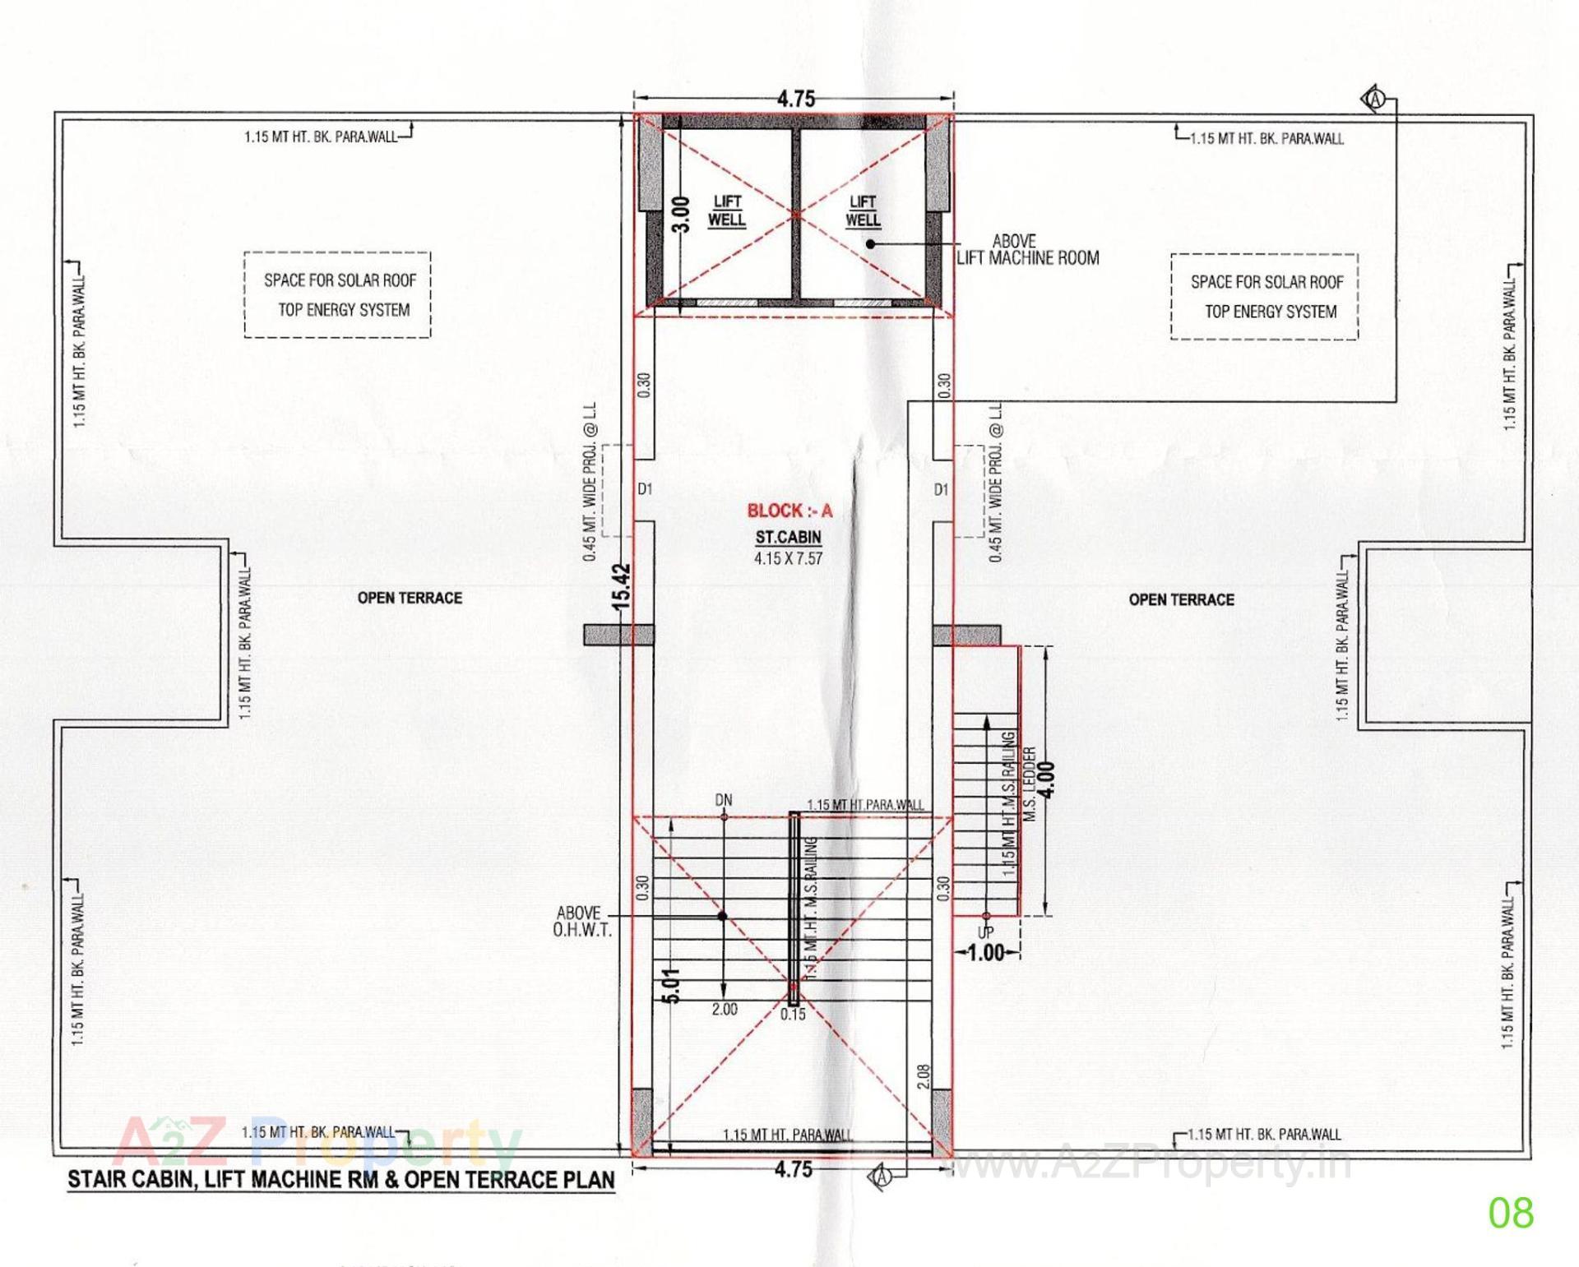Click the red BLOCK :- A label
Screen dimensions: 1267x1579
pos(789,511)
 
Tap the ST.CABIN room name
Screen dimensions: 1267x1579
pos(788,538)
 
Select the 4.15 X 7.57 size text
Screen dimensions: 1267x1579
pos(788,559)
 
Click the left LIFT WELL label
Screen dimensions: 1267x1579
pos(727,210)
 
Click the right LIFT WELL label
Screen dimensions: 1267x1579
pos(863,210)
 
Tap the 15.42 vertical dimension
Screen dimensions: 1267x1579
pos(622,585)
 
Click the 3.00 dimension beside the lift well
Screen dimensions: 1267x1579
pos(680,215)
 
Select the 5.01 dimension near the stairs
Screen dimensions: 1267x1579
pos(670,985)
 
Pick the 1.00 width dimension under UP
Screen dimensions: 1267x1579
pos(986,954)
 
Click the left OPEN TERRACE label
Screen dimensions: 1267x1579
pos(410,599)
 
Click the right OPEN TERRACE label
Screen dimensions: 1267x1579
pos(1181,600)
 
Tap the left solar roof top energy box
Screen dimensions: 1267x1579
pos(338,295)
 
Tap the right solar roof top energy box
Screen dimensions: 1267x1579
pos(1265,297)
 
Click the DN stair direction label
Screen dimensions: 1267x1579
pos(724,800)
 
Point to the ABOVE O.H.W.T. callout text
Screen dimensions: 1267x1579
pos(581,922)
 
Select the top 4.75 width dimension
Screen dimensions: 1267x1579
pos(795,99)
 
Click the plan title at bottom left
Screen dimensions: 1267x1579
pos(340,1180)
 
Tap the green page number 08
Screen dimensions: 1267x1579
pos(1511,1213)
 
